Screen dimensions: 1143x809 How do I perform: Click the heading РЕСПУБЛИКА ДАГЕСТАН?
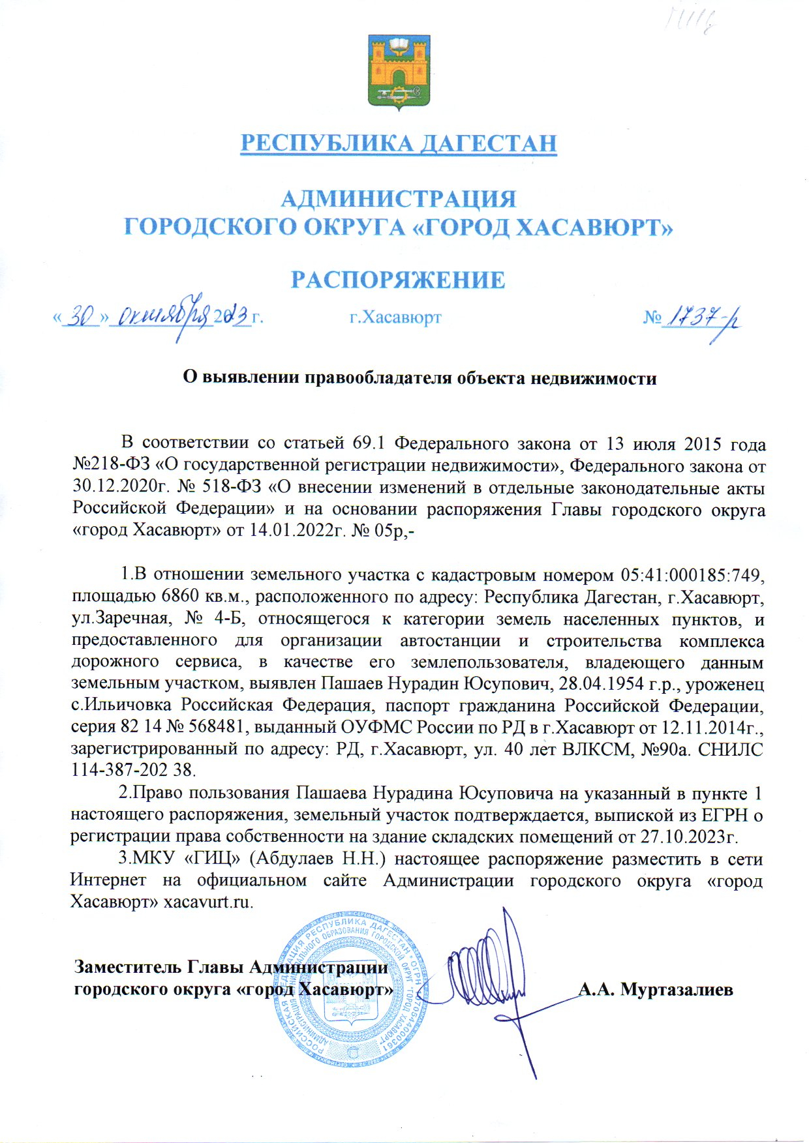pos(399,143)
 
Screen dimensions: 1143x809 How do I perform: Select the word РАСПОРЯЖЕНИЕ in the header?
pos(397,280)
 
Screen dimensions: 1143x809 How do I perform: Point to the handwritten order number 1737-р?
pos(702,318)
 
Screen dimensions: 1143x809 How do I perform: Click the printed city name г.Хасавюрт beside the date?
pos(395,318)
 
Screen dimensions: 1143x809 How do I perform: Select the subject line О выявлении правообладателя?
pos(418,378)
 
